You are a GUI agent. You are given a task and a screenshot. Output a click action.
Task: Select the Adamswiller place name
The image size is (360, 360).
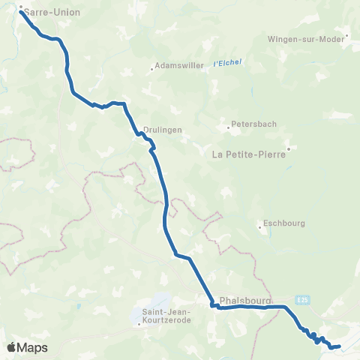180,65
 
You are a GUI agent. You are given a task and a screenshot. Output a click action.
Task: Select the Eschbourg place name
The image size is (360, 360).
281,224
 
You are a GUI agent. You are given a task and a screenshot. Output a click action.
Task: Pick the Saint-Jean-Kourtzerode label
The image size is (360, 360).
166,316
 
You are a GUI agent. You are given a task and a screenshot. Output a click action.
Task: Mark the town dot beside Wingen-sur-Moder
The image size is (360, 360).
347,34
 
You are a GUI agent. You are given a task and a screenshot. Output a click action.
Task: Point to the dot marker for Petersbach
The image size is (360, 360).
229,126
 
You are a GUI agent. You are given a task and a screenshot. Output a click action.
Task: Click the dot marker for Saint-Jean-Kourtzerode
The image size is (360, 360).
139,323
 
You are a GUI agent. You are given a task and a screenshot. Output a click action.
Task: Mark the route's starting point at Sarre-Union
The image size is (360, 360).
20,11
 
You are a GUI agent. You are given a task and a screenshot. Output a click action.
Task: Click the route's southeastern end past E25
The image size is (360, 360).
340,346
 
